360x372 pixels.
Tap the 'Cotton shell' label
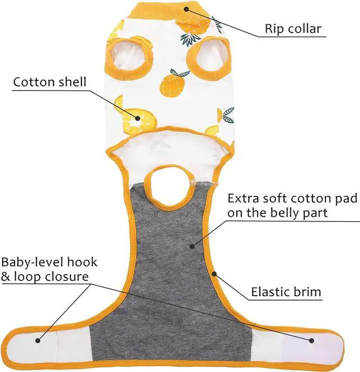(x=50, y=83)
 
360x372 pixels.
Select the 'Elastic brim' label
(x=293, y=292)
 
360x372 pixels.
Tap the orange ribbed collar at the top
(x=166, y=9)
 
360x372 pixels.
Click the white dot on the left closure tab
(x=39, y=339)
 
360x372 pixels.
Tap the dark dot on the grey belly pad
(x=191, y=246)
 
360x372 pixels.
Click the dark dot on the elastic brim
(x=214, y=274)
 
